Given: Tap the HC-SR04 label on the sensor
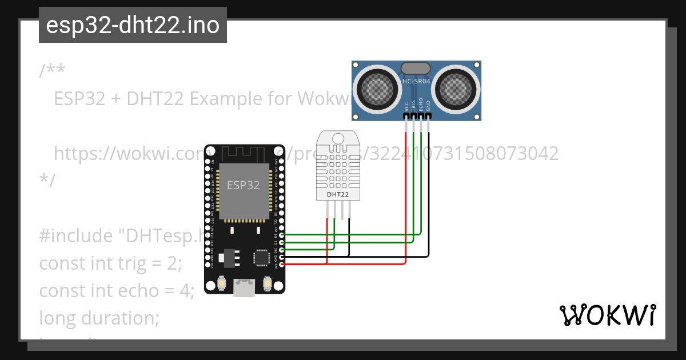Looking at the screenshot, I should coord(416,82).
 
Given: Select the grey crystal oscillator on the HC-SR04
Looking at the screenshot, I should coord(416,69).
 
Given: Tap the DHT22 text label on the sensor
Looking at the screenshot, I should coord(338,194).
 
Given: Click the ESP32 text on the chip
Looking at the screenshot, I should coord(244,185).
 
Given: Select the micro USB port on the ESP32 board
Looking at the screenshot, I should coord(244,288).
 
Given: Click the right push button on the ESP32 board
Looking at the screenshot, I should coord(266,283).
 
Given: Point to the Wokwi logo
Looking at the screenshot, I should coord(608,315).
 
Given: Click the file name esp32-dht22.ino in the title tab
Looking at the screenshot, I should coord(133,25).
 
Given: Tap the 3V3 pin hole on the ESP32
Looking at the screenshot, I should coord(281,265).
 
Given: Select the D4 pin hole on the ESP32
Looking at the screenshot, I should coord(281,235).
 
